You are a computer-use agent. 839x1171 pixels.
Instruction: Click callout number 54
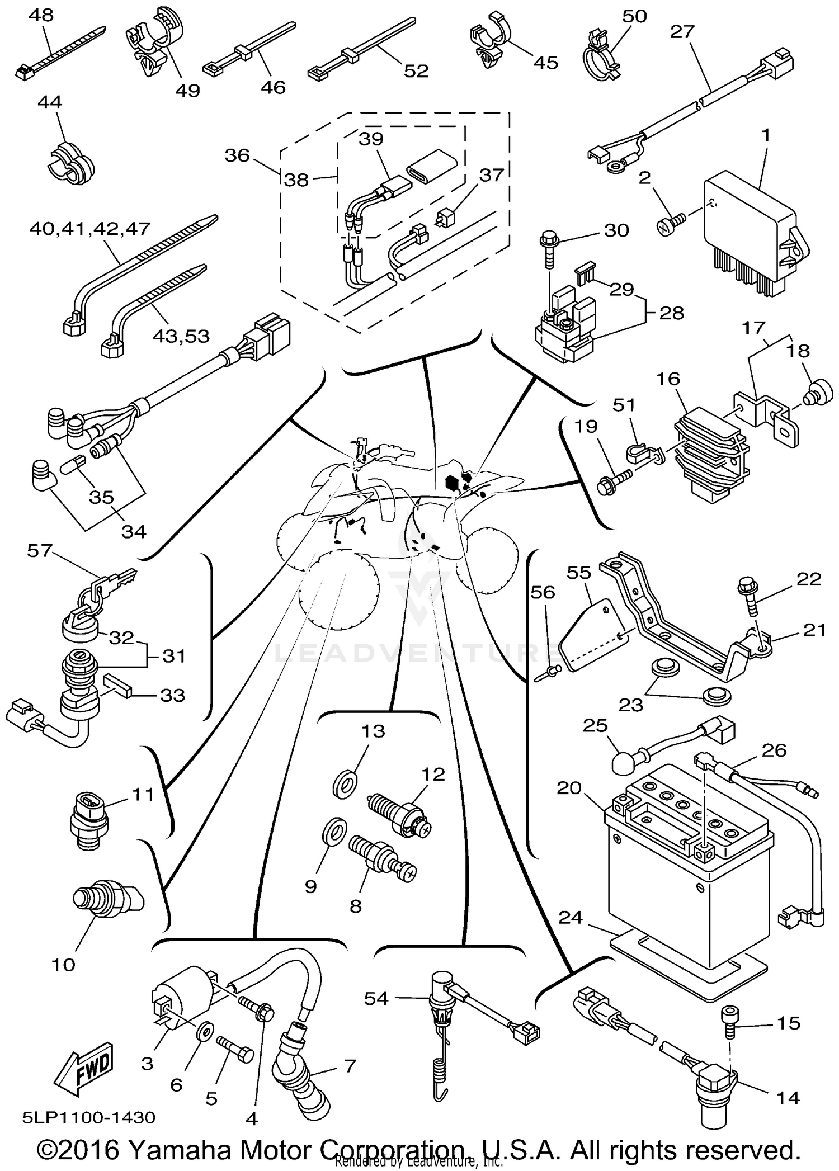point(376,998)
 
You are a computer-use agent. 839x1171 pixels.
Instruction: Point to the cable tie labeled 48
point(59,56)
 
